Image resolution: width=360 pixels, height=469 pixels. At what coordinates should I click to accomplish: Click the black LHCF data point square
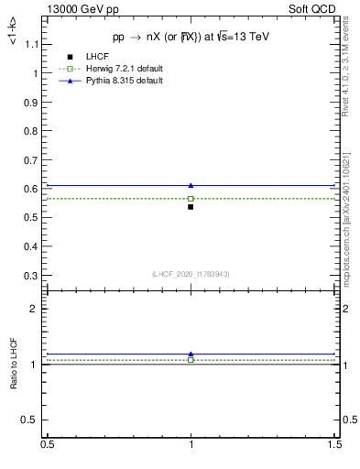[x=191, y=207]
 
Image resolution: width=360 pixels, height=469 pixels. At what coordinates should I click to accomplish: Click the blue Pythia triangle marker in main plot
[x=191, y=185]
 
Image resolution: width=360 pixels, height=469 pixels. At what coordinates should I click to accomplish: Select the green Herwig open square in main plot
[x=191, y=198]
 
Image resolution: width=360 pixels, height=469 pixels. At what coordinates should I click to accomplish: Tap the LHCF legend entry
[x=96, y=58]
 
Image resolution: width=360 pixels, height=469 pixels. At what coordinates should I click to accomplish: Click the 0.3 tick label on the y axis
[x=33, y=276]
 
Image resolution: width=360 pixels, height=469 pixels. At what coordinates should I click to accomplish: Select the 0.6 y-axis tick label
[x=33, y=189]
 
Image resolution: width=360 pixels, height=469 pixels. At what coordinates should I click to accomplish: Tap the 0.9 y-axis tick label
[x=33, y=102]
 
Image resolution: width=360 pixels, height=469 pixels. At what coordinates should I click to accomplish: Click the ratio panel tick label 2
[x=38, y=310]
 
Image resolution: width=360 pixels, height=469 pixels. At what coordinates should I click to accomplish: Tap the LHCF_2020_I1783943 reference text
[x=191, y=275]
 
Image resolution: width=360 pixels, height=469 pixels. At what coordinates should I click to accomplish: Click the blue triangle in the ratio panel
[x=191, y=354]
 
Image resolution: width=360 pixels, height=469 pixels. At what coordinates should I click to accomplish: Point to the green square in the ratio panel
[x=191, y=360]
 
